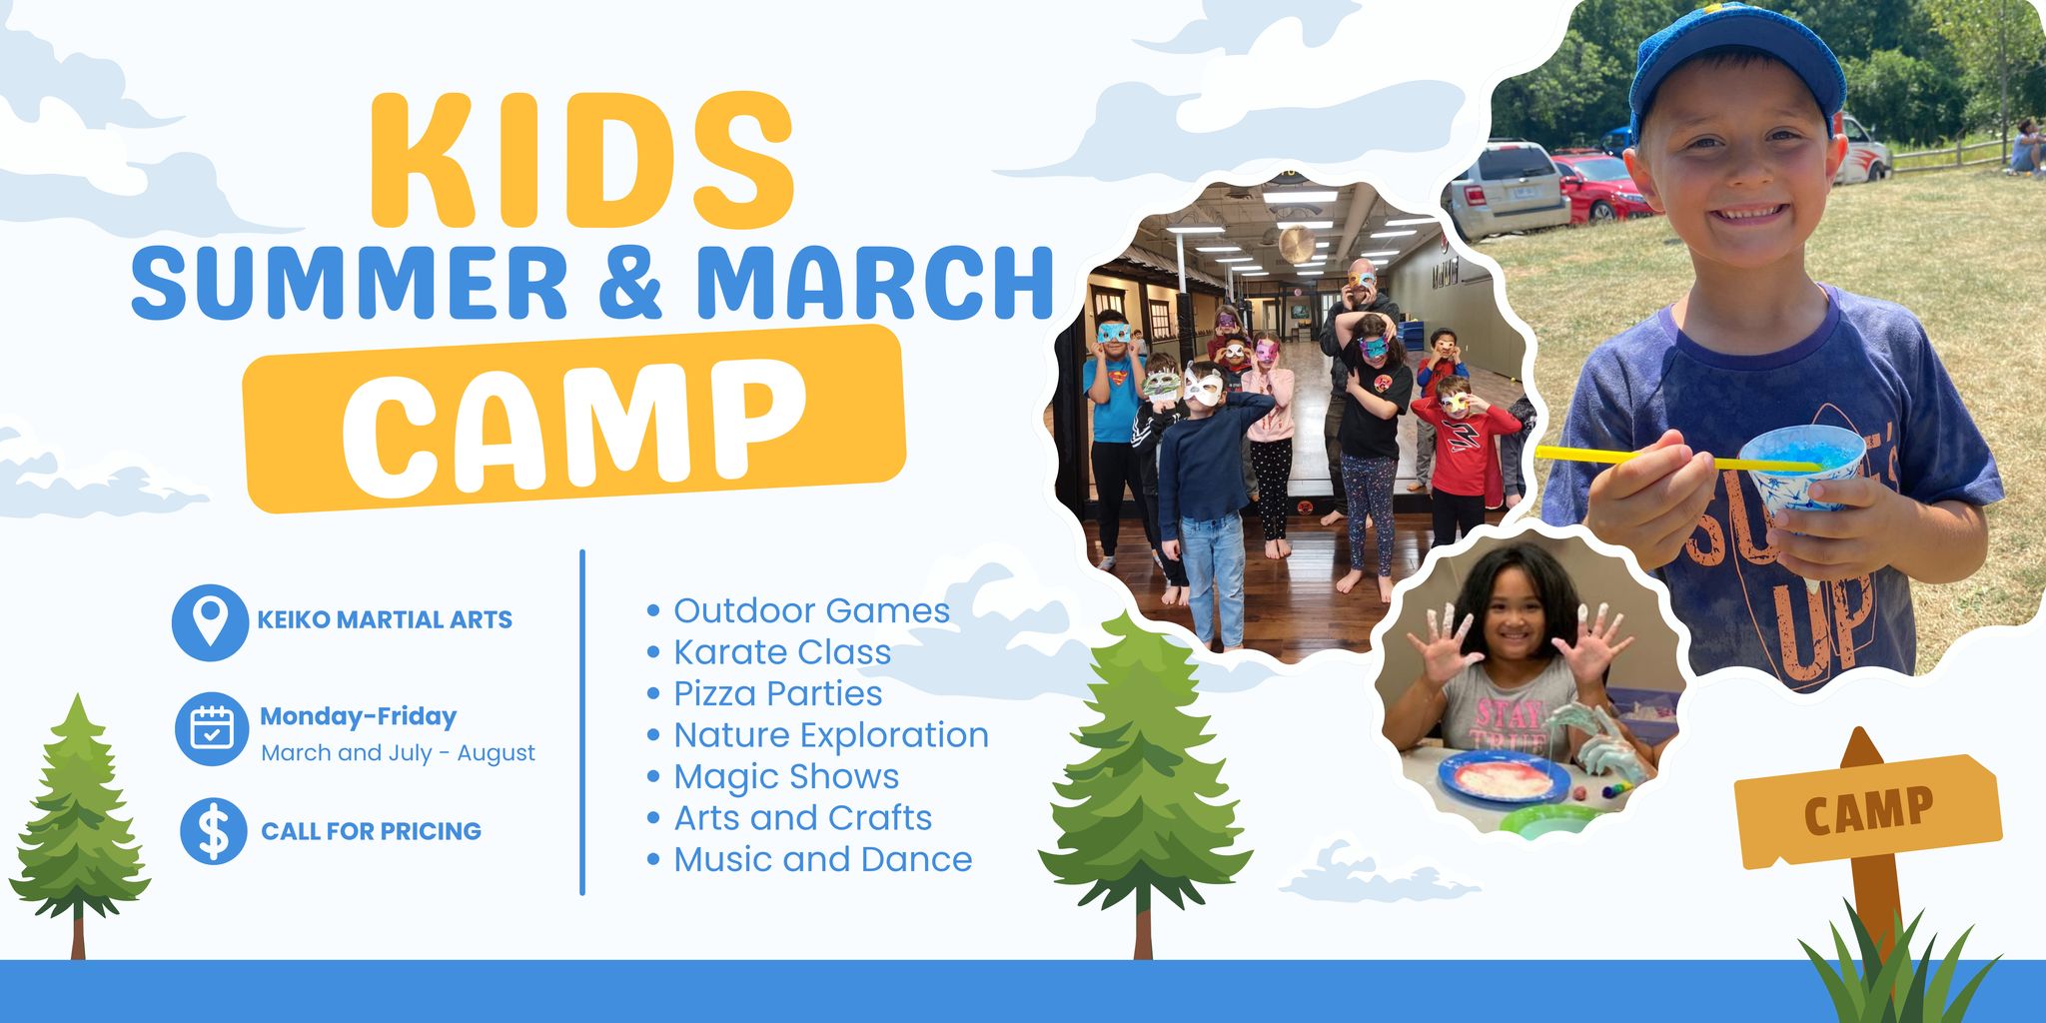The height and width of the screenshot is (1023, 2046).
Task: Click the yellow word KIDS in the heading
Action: [582, 160]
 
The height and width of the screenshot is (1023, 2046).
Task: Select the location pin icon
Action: [210, 621]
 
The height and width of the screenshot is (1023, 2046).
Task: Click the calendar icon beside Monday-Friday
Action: [212, 729]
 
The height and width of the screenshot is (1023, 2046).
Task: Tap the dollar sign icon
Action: [213, 831]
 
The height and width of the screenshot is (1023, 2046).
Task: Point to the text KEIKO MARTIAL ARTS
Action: [385, 620]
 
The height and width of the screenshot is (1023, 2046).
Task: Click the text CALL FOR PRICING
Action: [371, 831]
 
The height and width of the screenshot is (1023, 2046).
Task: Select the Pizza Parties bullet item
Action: [765, 693]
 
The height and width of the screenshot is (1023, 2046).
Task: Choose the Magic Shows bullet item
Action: [773, 776]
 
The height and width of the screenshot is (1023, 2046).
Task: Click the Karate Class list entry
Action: [769, 651]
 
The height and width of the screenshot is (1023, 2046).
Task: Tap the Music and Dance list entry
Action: [810, 859]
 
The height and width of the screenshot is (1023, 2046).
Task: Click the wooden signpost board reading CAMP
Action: [1867, 810]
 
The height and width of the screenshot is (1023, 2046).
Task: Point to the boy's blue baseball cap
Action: [1734, 60]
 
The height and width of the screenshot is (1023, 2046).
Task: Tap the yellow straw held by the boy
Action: [1678, 460]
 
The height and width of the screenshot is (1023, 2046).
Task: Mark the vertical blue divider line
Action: [582, 721]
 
